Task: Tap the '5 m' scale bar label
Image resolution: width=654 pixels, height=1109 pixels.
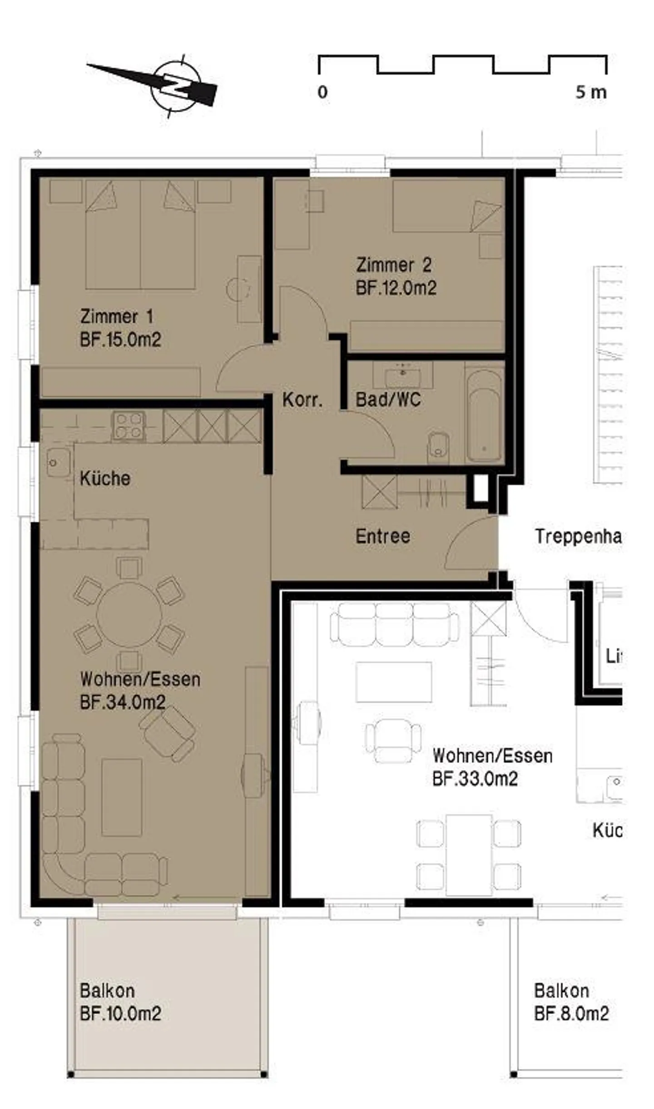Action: (590, 93)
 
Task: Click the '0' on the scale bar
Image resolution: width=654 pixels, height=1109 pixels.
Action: (322, 93)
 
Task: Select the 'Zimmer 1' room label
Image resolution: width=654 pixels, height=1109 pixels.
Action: (117, 316)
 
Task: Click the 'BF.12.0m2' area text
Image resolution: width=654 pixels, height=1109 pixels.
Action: (396, 288)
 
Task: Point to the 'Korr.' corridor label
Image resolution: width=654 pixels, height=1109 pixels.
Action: (302, 400)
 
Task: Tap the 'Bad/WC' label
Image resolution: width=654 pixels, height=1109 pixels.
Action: (388, 400)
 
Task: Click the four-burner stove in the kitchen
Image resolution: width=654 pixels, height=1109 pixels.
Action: (129, 426)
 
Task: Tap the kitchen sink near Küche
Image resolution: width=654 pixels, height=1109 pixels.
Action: (58, 462)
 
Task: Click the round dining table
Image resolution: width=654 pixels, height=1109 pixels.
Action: (129, 615)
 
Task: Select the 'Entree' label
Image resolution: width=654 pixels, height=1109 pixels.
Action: (383, 536)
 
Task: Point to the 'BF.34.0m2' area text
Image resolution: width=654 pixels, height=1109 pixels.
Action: (123, 702)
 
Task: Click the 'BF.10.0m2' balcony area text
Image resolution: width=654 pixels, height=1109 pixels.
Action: (120, 1013)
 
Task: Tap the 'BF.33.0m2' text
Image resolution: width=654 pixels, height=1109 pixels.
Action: (475, 779)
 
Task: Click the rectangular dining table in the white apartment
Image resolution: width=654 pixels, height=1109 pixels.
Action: (469, 855)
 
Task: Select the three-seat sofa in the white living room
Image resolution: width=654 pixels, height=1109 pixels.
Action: (394, 624)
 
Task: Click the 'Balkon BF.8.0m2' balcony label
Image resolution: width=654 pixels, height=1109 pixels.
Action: (570, 1002)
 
